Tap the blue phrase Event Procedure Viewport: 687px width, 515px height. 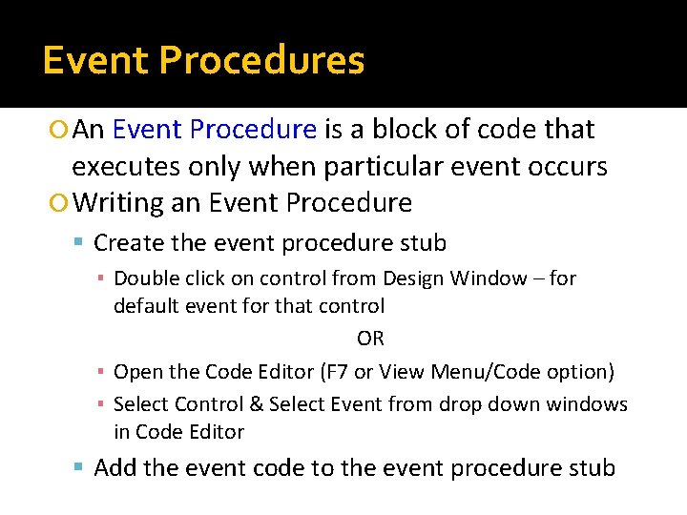coord(214,129)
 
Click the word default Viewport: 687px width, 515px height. coord(145,306)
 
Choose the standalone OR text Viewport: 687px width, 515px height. coord(370,339)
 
